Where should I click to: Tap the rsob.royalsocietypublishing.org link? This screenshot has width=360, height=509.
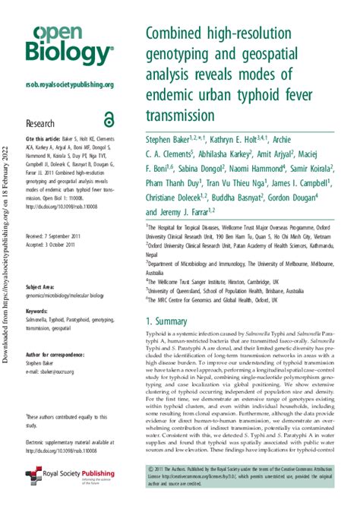(x=69, y=84)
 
